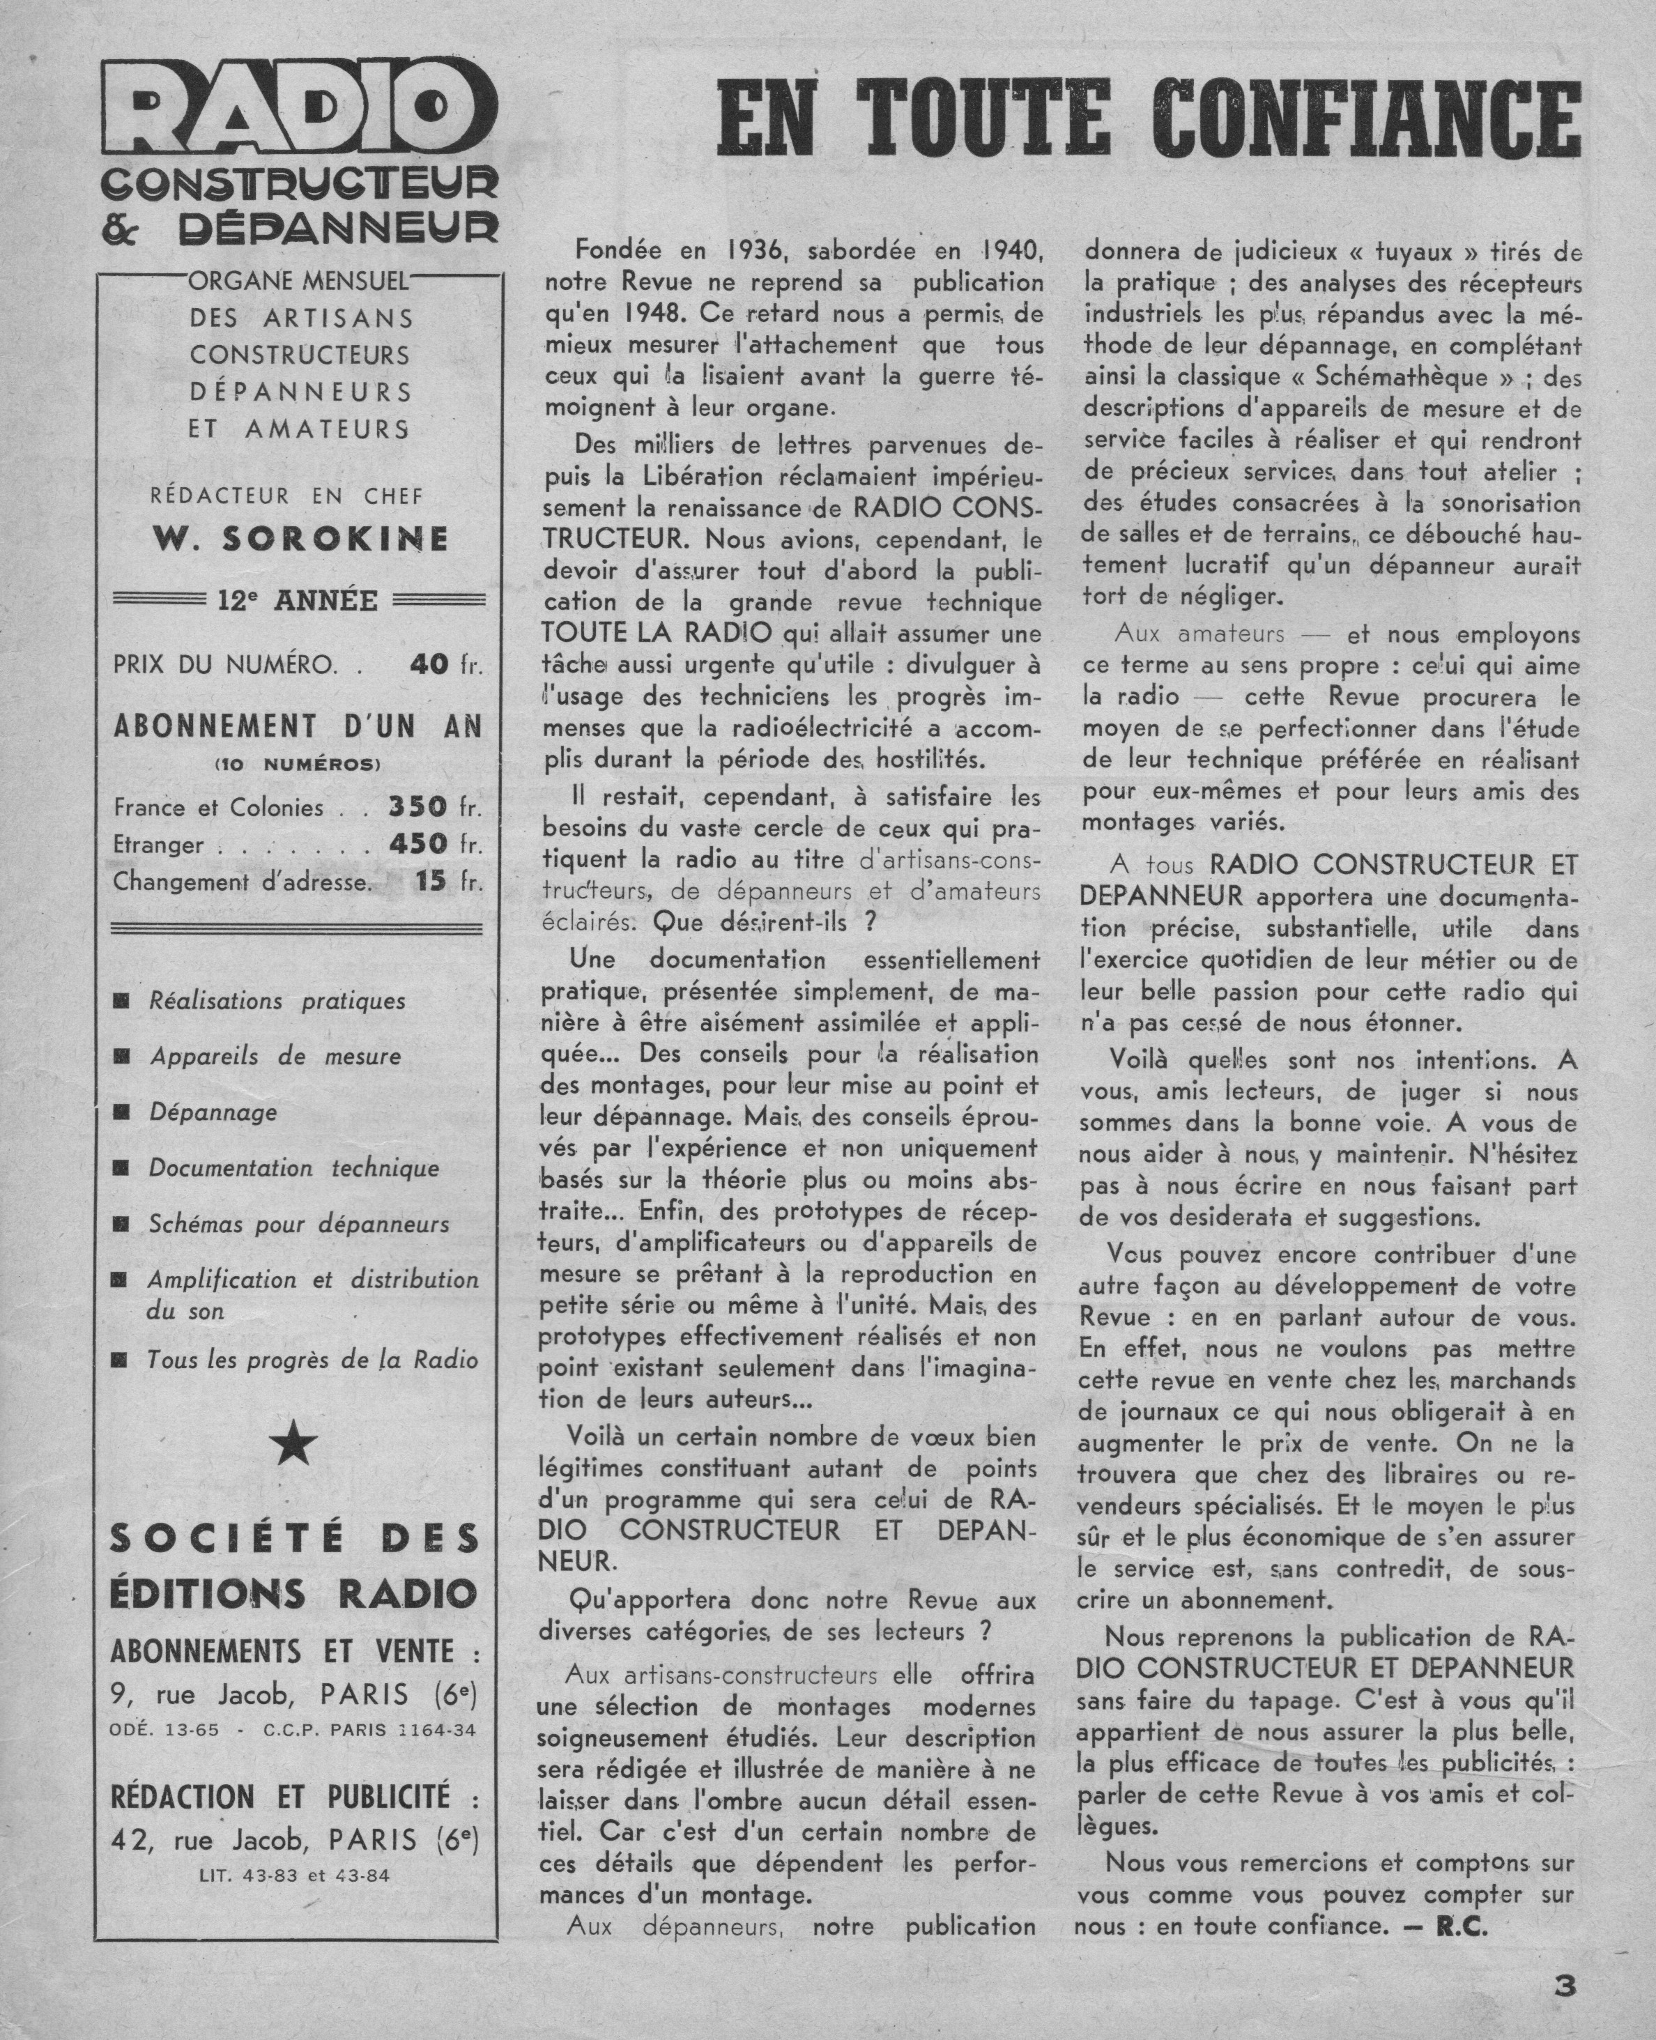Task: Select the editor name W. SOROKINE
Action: (x=300, y=539)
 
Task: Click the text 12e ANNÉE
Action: (x=298, y=601)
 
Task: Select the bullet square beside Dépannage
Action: (x=122, y=1113)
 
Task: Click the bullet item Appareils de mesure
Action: (x=275, y=1057)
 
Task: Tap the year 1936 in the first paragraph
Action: (x=753, y=251)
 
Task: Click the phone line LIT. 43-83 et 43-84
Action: (x=294, y=1875)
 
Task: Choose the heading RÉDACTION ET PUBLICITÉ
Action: (x=296, y=1797)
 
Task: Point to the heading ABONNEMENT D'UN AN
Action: (x=298, y=727)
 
